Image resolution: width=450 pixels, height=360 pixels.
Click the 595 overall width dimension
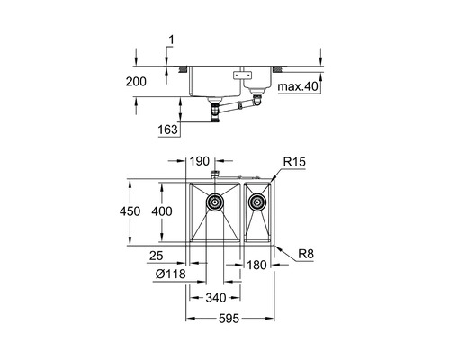point(229,319)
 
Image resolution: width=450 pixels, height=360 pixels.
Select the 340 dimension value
point(216,298)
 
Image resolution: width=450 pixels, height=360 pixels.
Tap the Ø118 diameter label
point(171,274)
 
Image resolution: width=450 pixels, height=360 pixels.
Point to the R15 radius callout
point(294,162)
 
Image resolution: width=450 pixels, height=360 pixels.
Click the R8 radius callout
point(306,255)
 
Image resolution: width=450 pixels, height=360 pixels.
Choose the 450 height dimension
point(130,211)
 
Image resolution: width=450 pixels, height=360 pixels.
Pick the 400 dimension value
point(162,211)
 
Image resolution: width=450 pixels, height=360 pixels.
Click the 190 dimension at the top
point(200,161)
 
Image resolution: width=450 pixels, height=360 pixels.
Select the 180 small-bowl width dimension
point(256,265)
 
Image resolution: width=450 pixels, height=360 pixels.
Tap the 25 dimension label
point(157,256)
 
